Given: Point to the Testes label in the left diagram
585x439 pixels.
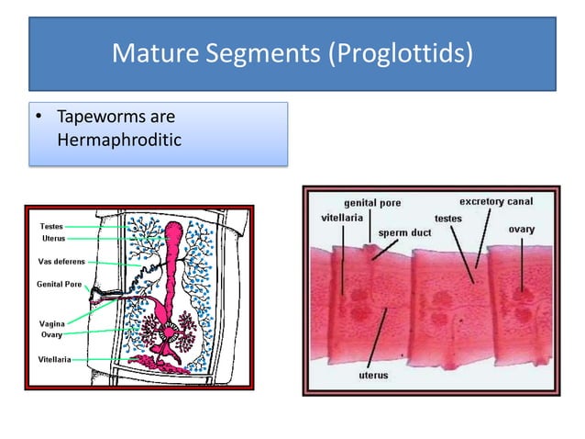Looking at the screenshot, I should tap(51, 225).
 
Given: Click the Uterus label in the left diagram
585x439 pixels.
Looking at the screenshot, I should tap(52, 238).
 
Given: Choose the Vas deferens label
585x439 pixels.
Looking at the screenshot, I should tap(61, 261).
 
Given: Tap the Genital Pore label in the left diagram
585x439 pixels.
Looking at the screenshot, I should tap(58, 284).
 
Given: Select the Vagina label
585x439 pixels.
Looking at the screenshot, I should tap(51, 323).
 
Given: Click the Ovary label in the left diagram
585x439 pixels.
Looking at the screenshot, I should tap(51, 334).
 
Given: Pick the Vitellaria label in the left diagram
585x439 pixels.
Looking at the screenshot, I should tap(56, 358).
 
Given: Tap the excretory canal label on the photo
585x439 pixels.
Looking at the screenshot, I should tap(496, 200).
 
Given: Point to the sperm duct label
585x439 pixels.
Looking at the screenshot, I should tap(404, 232).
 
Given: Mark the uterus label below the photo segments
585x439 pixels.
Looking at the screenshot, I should tap(373, 375).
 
